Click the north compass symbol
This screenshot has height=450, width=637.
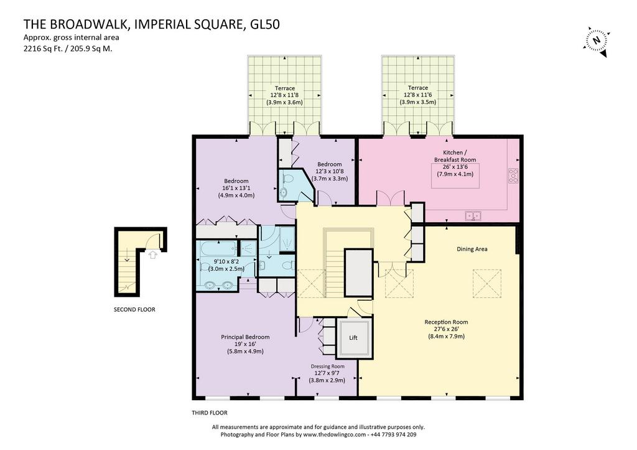597,40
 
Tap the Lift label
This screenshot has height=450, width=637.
353,338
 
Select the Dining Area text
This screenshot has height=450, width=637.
472,249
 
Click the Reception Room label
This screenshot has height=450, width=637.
446,322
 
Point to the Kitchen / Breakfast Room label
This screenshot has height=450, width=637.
455,156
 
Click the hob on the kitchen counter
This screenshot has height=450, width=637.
513,176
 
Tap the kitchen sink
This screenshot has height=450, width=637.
473,216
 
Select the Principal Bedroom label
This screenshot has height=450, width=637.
245,337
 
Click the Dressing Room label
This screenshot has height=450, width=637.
327,366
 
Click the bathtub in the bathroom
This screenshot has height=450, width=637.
217,248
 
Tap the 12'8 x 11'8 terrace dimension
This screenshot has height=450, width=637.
284,95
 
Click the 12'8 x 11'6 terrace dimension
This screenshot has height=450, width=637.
417,95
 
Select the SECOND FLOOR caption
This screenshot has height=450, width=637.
134,310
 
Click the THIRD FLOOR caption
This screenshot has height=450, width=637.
210,413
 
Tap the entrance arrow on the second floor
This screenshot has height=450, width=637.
152,255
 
